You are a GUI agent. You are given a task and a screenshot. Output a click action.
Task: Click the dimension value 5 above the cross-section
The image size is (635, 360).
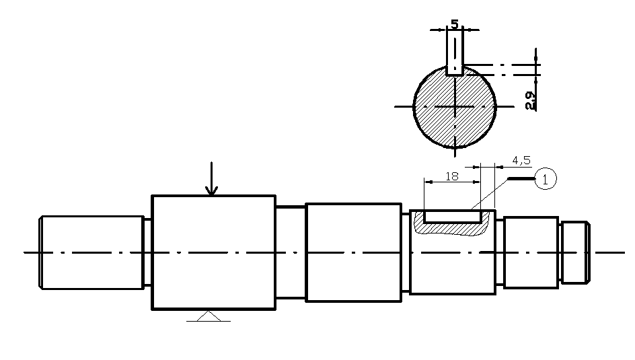point(455,24)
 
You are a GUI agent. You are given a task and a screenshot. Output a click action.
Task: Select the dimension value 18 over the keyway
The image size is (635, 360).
point(452,176)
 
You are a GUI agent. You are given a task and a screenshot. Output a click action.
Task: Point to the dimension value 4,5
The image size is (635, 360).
point(521,160)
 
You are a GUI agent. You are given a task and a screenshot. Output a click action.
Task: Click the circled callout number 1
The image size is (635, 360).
point(546,179)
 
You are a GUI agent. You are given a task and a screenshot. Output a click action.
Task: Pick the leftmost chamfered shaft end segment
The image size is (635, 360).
point(91,252)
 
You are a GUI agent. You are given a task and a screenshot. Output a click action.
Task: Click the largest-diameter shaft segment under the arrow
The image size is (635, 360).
point(213,252)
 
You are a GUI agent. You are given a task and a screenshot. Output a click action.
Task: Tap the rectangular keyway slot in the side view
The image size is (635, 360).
point(452,217)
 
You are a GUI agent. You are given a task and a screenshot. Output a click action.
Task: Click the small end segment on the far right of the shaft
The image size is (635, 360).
point(574,252)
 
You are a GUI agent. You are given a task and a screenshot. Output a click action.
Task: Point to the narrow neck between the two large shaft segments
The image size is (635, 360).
point(291,252)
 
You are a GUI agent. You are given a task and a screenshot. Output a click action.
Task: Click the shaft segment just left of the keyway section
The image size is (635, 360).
point(353,252)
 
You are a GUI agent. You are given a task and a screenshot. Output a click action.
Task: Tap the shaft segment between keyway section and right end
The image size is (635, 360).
point(531,252)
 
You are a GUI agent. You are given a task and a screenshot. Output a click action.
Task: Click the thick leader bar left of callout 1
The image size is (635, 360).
point(521,179)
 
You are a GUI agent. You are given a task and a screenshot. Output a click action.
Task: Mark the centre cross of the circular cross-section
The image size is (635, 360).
point(455,106)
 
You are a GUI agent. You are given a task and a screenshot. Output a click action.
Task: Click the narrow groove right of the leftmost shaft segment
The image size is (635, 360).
point(147,252)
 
